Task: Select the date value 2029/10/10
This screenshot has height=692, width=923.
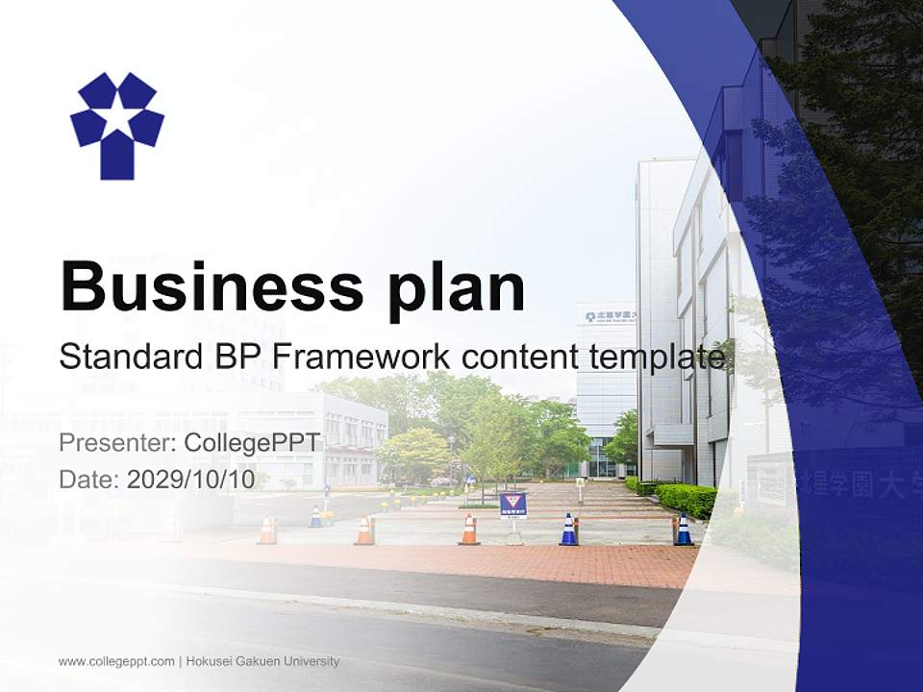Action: tap(191, 479)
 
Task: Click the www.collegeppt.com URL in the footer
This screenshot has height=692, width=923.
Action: tap(116, 661)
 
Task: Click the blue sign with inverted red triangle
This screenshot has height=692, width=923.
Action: tap(512, 503)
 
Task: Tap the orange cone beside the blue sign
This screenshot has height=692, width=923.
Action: tap(469, 530)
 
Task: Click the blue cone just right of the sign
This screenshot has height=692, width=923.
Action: tap(569, 530)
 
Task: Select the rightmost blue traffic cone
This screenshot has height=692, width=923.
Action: tap(684, 530)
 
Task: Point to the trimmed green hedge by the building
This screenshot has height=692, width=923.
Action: tap(685, 498)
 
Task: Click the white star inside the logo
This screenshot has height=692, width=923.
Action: tap(117, 119)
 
